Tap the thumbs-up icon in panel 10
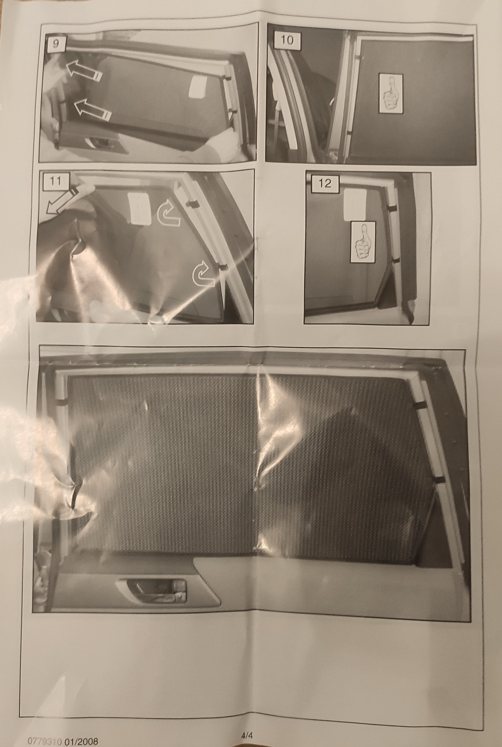[391, 93]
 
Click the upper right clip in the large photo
[420, 405]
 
